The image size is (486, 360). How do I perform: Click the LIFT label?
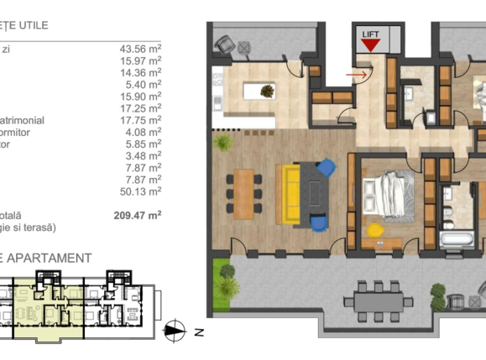pos(370,35)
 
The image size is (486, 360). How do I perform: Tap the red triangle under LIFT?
pos(369,46)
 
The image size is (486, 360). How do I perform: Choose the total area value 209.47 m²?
pos(138,215)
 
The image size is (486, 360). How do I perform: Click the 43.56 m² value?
pos(140,50)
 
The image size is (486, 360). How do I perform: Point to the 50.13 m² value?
pos(140,190)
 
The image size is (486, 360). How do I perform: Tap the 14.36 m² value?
pos(140,73)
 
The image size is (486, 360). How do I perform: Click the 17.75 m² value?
pos(140,120)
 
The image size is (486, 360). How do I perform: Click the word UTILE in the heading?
pos(30,26)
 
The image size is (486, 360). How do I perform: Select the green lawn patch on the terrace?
pos(223,273)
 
